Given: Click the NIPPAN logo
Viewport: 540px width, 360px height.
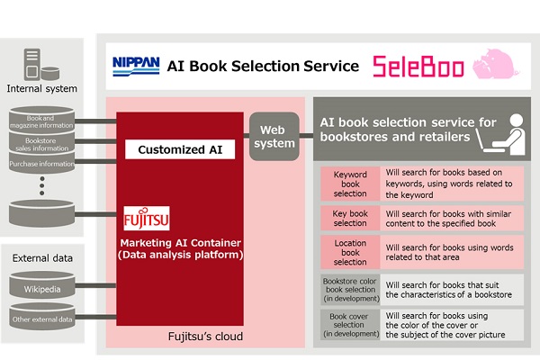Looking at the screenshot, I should pyautogui.click(x=136, y=64).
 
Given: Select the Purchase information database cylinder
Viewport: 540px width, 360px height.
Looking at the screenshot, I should pyautogui.click(x=43, y=164).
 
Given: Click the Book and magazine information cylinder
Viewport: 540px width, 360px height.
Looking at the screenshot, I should pyautogui.click(x=43, y=119).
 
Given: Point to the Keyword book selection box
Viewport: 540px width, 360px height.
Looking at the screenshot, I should pyautogui.click(x=350, y=183).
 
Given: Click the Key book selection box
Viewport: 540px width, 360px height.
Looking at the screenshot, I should pyautogui.click(x=350, y=217).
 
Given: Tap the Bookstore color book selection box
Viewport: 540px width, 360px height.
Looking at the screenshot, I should pyautogui.click(x=350, y=288).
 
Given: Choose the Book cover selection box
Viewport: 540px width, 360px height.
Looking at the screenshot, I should pyautogui.click(x=350, y=323).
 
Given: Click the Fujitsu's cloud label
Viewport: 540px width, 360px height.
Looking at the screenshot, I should pyautogui.click(x=205, y=337).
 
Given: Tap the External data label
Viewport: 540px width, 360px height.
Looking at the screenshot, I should pyautogui.click(x=43, y=258).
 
